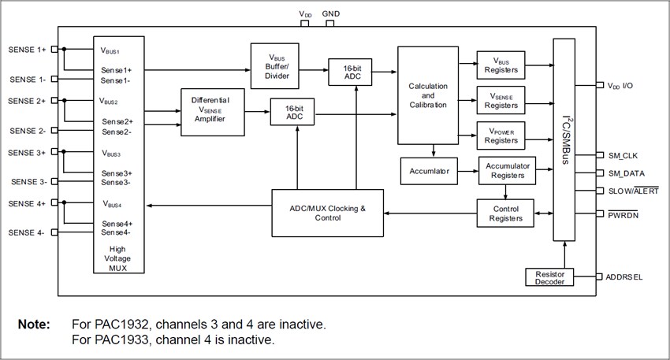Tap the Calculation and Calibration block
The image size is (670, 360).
(x=428, y=95)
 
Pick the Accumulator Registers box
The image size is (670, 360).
(x=506, y=170)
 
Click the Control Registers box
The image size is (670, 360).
(x=505, y=213)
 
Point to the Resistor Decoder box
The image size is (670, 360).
(x=549, y=277)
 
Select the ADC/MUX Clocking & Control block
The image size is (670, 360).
(x=327, y=213)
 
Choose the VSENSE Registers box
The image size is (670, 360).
(x=501, y=100)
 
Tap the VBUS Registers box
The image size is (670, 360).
(x=501, y=65)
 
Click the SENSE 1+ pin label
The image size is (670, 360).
(x=28, y=50)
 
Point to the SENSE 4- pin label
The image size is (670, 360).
(x=28, y=232)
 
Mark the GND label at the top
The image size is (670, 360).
(x=331, y=14)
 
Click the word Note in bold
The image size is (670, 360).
(x=35, y=325)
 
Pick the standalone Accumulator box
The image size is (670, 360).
(x=429, y=170)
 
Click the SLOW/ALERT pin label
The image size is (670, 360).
(x=633, y=191)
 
